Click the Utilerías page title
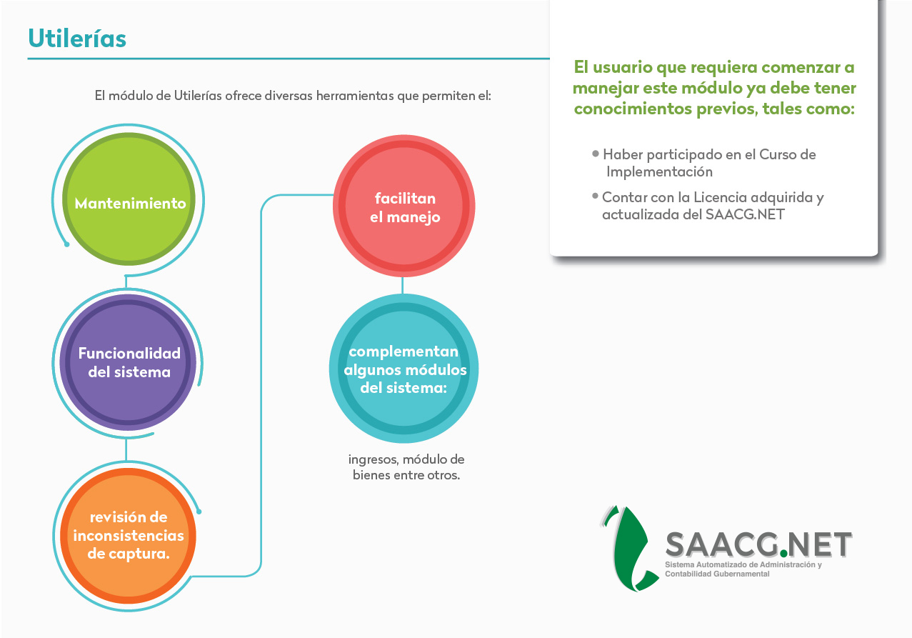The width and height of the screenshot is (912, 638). tap(77, 39)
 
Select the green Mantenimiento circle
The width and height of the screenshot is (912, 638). tap(129, 199)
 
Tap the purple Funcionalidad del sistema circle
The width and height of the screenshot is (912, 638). tap(128, 362)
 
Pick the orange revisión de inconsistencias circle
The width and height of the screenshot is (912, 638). tap(128, 535)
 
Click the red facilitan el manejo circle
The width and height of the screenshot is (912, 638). tap(404, 206)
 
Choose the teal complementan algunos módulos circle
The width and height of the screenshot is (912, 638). tap(404, 368)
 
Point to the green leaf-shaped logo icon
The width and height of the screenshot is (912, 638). tap(630, 548)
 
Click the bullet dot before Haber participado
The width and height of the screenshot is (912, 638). tap(596, 154)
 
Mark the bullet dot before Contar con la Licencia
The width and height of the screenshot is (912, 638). tap(595, 196)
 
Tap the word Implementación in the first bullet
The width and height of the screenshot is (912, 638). tap(659, 172)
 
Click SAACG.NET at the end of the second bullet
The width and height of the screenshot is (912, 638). tap(745, 214)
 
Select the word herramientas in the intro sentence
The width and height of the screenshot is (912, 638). tap(355, 96)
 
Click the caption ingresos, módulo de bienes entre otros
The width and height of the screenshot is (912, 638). tap(406, 467)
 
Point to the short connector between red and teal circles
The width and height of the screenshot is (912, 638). tap(403, 286)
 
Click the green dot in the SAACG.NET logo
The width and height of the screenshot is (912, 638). tap(783, 553)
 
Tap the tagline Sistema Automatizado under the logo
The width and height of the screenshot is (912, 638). tap(743, 569)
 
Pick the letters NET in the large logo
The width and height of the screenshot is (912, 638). tap(819, 544)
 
